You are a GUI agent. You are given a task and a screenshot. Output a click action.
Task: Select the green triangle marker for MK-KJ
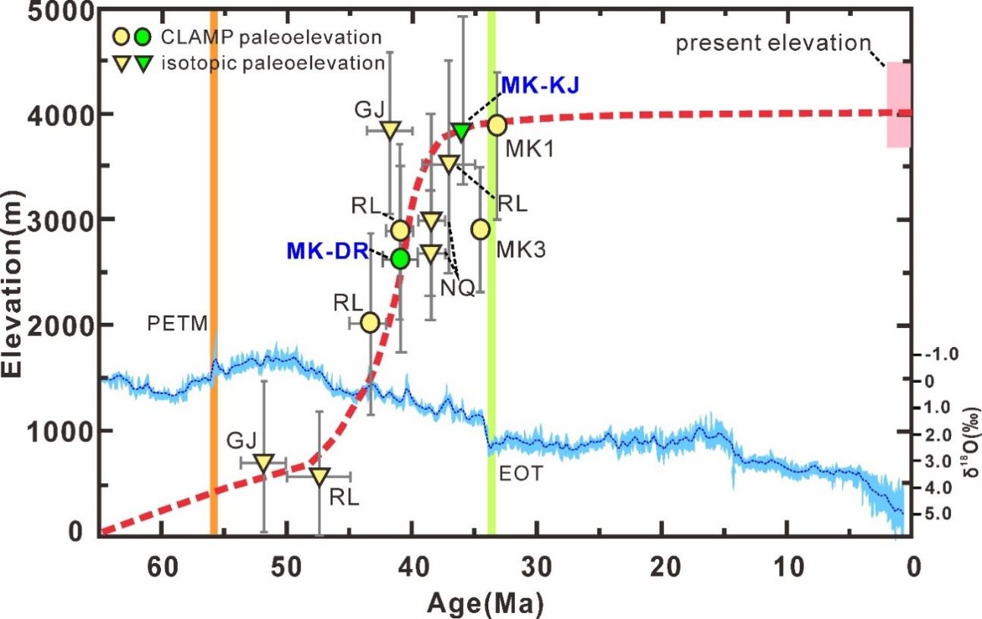(x=460, y=131)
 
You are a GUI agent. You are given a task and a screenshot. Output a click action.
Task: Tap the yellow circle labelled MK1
(x=497, y=125)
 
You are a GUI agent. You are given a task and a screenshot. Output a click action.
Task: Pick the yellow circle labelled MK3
(x=480, y=229)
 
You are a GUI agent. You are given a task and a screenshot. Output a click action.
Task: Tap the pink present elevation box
(x=898, y=105)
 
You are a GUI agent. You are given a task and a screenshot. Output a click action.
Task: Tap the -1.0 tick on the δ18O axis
(x=940, y=354)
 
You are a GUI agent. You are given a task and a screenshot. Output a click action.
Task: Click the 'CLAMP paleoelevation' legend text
(x=271, y=36)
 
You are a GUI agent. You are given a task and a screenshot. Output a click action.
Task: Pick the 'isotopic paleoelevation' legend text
(x=273, y=63)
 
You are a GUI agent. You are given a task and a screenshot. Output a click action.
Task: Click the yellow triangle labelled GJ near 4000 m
(x=390, y=130)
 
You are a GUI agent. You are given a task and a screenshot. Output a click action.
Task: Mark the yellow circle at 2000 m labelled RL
(x=370, y=323)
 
